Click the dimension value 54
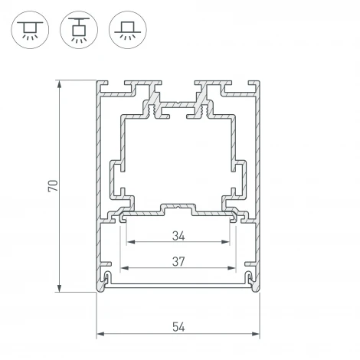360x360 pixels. pos(178,327)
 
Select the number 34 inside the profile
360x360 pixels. pos(178,235)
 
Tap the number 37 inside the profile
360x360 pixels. pos(178,261)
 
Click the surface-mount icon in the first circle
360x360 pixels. pos(29,29)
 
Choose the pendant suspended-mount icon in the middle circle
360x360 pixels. pos(77,29)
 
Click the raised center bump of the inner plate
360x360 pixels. pos(178,208)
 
